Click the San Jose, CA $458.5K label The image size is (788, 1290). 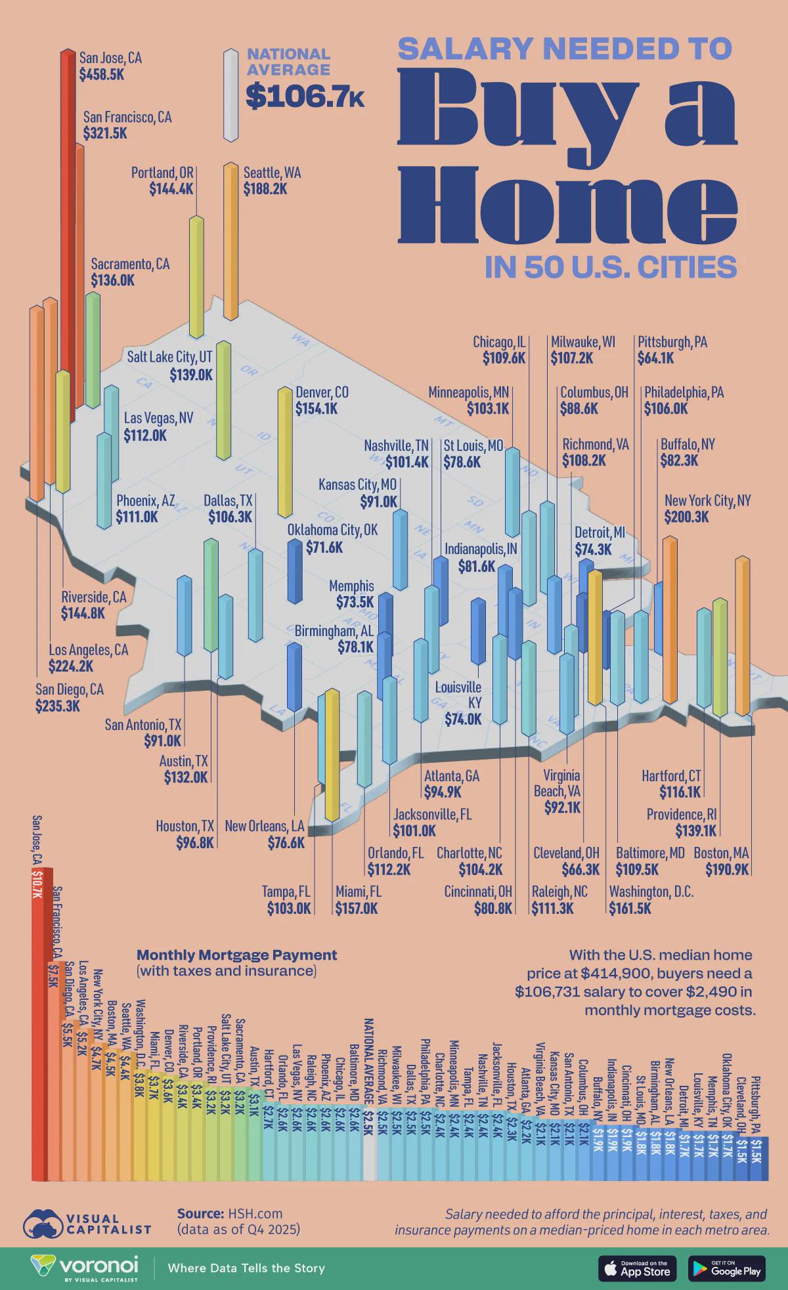[110, 66]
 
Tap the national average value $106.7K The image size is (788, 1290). [305, 97]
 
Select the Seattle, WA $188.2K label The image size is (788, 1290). [272, 181]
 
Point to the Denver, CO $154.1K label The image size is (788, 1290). [322, 400]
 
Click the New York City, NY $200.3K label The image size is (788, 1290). [707, 508]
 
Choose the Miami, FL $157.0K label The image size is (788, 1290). [357, 900]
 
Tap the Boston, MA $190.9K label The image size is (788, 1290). [726, 861]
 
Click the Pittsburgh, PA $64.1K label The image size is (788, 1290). [672, 350]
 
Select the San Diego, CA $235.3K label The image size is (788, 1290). [69, 698]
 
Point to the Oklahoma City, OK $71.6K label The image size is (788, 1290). [332, 538]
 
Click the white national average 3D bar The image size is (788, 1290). [230, 95]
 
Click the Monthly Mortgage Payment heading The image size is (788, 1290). [236, 955]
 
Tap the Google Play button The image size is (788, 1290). [727, 1268]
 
